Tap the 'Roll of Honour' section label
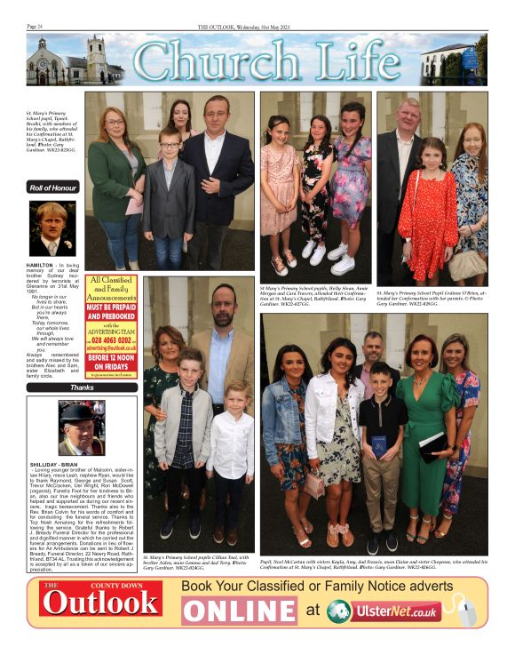(x=52, y=187)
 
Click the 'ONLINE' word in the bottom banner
(x=240, y=611)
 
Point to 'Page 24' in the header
(x=36, y=27)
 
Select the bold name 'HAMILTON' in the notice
(x=41, y=266)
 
